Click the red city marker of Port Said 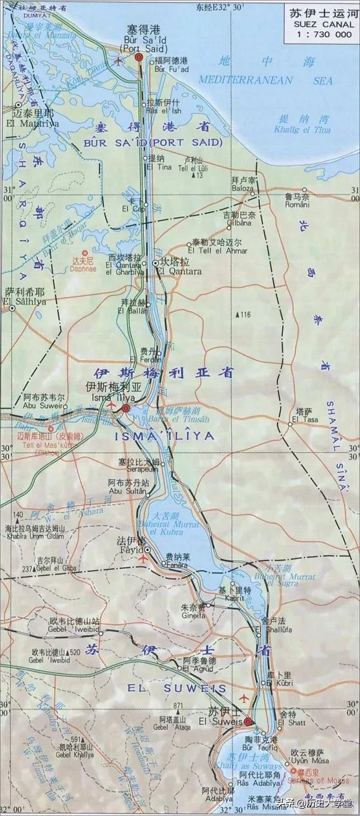pyautogui.click(x=139, y=58)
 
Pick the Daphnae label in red pyautogui.click(x=83, y=268)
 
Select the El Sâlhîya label pyautogui.click(x=24, y=302)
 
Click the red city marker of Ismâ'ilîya pyautogui.click(x=126, y=409)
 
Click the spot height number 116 pyautogui.click(x=245, y=315)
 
